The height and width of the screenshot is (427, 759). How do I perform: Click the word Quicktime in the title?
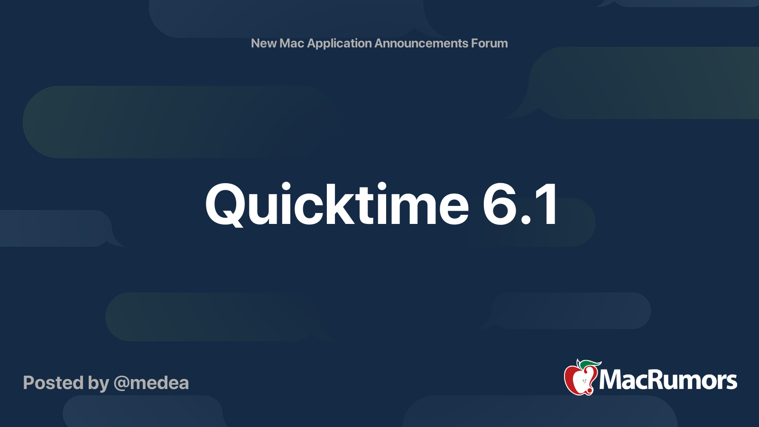coord(337,205)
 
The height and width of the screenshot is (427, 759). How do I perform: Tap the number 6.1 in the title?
coord(520,205)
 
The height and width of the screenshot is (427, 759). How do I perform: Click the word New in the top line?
coord(264,43)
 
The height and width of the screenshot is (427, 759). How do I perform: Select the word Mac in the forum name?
coord(292,43)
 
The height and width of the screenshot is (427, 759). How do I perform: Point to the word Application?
coord(340,43)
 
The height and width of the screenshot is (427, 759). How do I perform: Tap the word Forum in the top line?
coord(490,43)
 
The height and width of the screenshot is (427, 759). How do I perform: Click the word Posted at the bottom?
coord(53,383)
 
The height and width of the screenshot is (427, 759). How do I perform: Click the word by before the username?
coord(98,383)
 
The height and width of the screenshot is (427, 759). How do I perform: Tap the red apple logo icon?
coord(580,379)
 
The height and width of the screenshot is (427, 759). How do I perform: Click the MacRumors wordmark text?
coord(668,380)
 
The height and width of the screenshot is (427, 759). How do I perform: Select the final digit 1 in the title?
coord(547,205)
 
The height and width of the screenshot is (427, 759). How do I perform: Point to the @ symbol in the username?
coord(121,383)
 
